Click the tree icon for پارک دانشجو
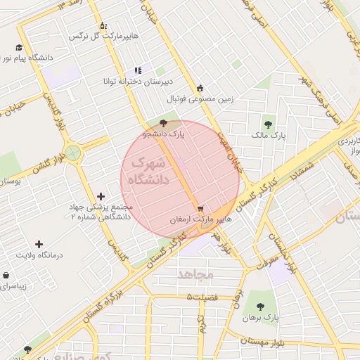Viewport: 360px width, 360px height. tap(164, 123)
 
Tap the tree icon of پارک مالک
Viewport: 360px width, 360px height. tap(267, 124)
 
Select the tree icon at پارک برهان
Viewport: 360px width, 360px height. tap(261, 307)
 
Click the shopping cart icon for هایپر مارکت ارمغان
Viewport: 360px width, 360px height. tap(201, 209)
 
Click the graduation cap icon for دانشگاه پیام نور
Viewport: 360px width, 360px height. tap(18, 48)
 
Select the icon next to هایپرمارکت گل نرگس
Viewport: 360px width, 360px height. tap(103, 25)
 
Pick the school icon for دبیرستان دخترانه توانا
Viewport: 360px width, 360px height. tap(138, 70)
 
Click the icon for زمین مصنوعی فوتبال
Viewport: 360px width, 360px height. tap(200, 88)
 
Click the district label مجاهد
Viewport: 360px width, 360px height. tap(195, 274)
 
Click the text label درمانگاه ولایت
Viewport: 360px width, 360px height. tap(45, 255)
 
